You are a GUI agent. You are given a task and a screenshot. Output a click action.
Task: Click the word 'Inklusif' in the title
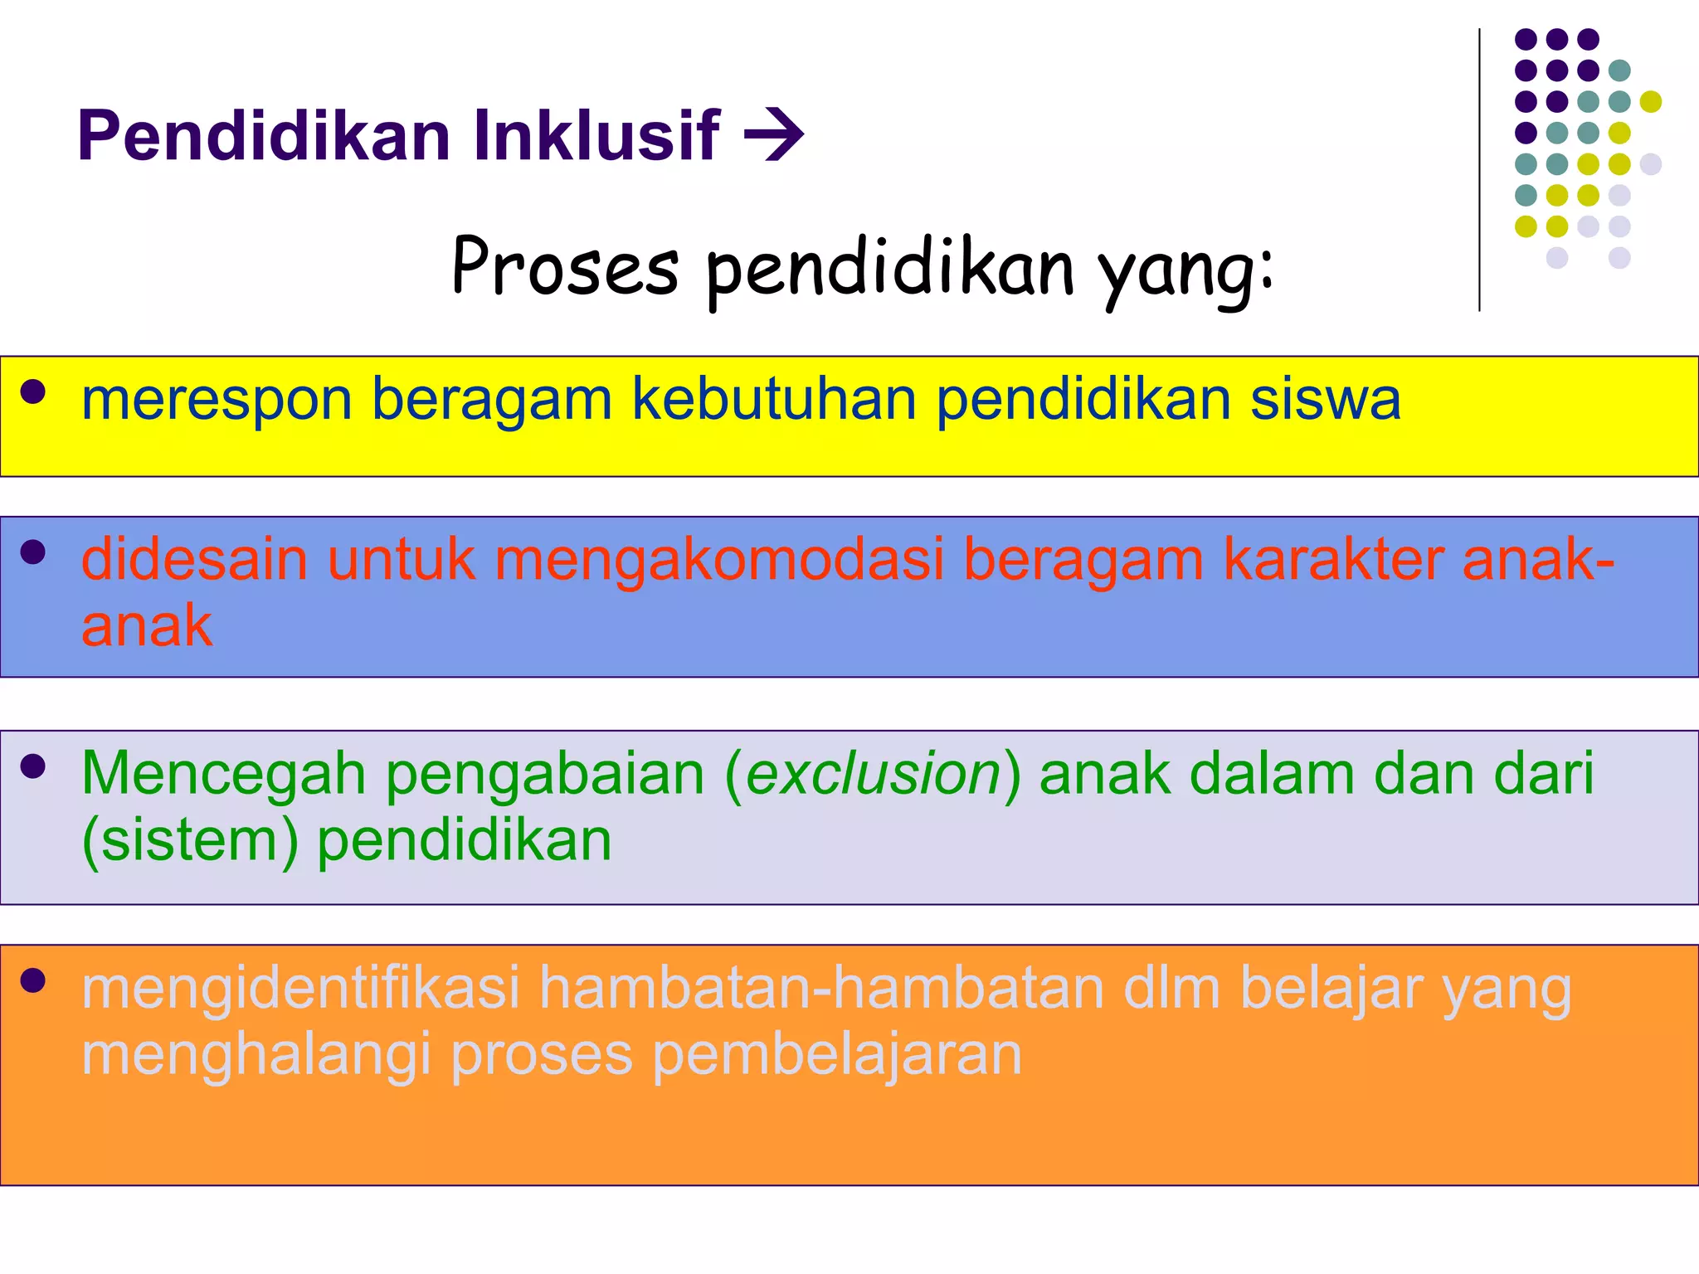tap(596, 134)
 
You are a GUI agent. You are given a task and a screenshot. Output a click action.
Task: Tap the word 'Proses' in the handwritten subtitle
tap(565, 267)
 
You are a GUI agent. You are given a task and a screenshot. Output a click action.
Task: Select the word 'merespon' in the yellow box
tap(217, 400)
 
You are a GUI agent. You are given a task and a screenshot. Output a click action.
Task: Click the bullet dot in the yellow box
tap(33, 391)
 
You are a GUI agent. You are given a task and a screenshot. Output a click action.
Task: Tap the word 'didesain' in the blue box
tap(194, 559)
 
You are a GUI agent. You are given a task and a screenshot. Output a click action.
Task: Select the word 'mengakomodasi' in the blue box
tap(719, 559)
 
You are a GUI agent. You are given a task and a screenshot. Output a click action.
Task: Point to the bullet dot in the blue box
tap(33, 552)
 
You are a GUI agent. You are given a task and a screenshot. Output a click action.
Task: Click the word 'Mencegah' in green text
tap(223, 773)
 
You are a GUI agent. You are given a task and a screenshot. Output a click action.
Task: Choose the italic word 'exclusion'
tap(874, 773)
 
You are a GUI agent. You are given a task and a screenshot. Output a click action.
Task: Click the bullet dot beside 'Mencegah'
tap(33, 766)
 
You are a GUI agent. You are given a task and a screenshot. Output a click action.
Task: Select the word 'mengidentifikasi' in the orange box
tap(300, 987)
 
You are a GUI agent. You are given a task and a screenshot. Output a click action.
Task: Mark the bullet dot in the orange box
tap(33, 980)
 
